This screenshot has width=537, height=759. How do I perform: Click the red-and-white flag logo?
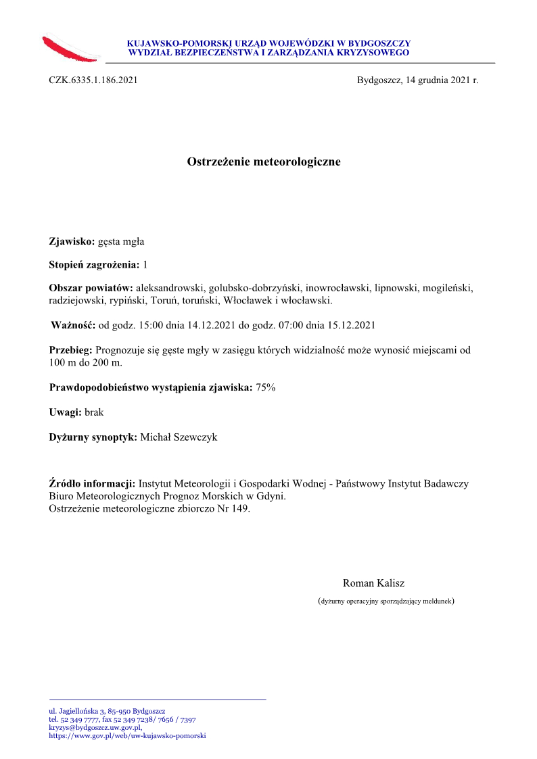[x=71, y=48]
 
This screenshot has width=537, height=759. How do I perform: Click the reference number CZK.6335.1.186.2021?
[x=93, y=80]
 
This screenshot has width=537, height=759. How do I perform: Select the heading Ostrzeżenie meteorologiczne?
[x=264, y=162]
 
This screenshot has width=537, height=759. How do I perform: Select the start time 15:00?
[x=151, y=325]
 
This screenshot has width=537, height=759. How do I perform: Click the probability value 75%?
[x=265, y=388]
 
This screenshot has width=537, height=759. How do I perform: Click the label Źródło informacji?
[x=93, y=484]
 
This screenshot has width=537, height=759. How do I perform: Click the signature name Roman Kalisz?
[x=373, y=583]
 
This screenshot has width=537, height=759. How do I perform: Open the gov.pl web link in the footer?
[x=127, y=736]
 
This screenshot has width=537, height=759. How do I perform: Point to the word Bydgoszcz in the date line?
[x=379, y=80]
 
